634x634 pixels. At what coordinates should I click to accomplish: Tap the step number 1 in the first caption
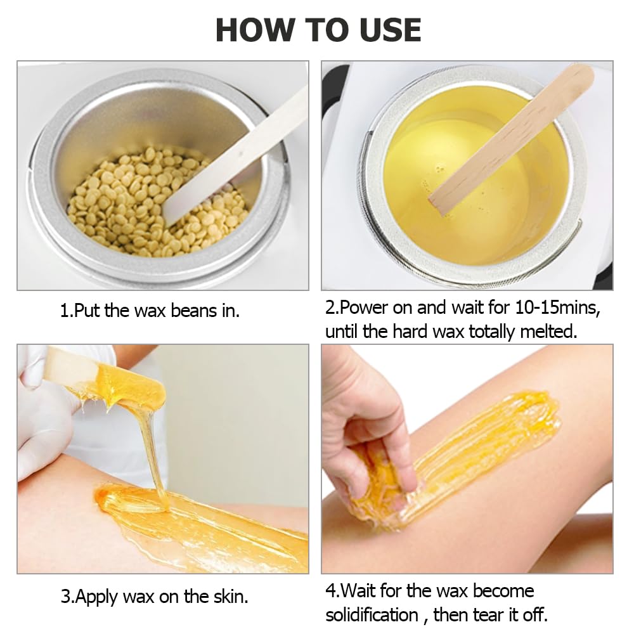click(64, 311)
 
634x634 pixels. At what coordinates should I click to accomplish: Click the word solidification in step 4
click(372, 614)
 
